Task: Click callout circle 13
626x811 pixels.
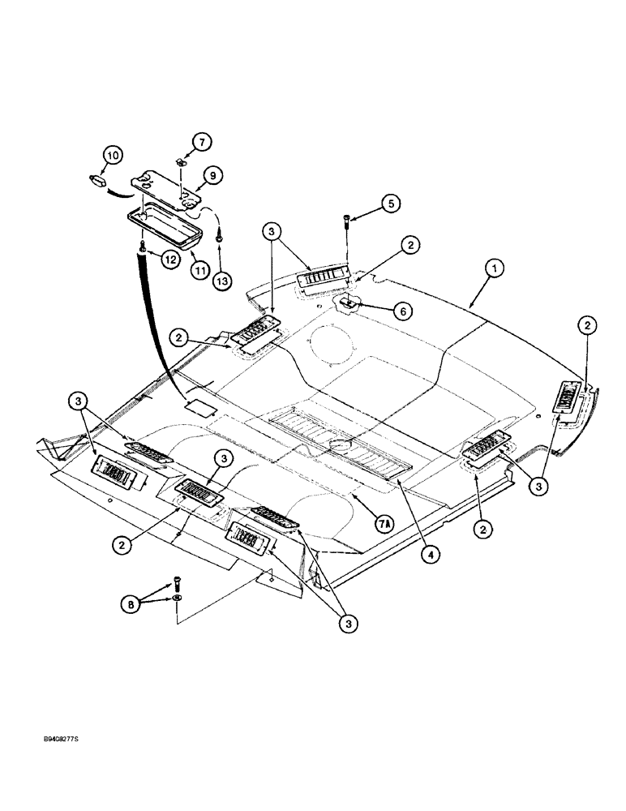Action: point(220,280)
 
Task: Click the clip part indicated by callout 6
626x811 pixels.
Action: point(349,304)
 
